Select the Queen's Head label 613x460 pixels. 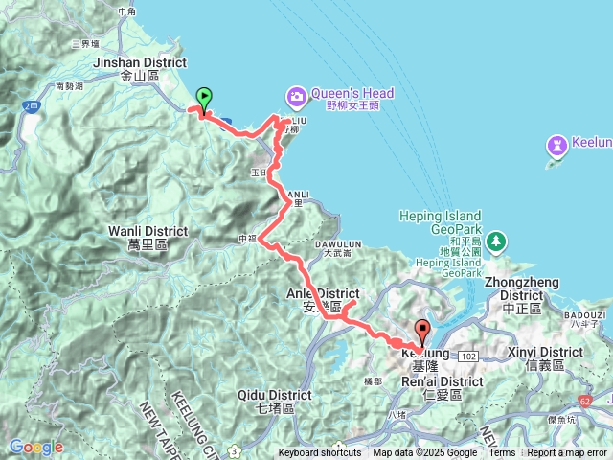click(353, 94)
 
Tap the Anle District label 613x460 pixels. click(323, 293)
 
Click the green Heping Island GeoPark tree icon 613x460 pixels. click(494, 240)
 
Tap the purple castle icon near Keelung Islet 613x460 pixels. click(556, 145)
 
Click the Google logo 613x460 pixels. click(35, 447)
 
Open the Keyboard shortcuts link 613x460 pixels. click(320, 453)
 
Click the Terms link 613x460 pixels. click(502, 453)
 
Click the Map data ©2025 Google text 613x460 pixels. click(424, 453)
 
